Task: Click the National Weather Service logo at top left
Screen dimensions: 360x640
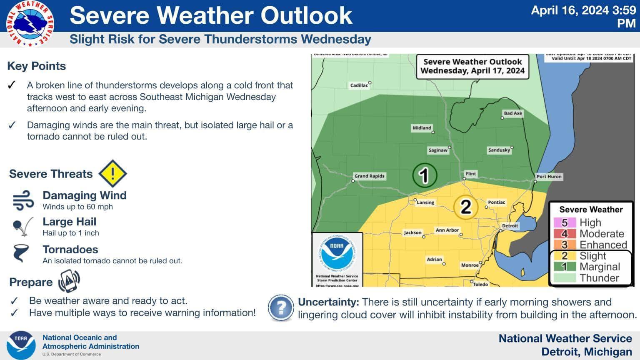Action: (30, 23)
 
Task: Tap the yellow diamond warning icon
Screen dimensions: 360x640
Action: (112, 173)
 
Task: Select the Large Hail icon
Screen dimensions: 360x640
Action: (23, 227)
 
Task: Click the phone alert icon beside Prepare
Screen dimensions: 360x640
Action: (69, 282)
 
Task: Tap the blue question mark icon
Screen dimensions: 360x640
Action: (281, 308)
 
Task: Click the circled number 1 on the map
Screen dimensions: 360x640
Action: (424, 175)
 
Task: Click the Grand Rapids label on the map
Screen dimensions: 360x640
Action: (369, 176)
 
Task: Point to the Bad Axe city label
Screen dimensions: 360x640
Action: (512, 113)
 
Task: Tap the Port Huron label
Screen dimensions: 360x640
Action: (549, 177)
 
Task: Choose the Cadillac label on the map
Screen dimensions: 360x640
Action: (359, 85)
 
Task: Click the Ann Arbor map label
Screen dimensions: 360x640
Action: (447, 230)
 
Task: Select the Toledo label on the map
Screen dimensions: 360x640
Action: (480, 284)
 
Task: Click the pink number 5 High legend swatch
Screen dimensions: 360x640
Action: (565, 222)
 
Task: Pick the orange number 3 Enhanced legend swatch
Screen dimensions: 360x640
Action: (565, 245)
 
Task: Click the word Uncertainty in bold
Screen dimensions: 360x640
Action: (328, 302)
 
